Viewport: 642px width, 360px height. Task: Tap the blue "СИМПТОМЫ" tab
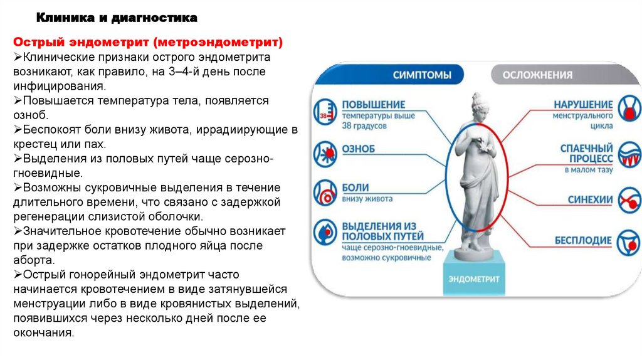(x=422, y=75)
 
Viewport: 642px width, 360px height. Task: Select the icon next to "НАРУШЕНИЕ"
(x=629, y=109)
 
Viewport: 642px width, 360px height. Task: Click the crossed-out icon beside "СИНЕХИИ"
(x=629, y=200)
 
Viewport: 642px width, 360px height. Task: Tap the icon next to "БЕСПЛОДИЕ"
(x=629, y=240)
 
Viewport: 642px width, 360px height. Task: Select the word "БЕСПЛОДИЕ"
(x=583, y=240)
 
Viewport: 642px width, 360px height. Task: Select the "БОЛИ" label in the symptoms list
(x=355, y=188)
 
